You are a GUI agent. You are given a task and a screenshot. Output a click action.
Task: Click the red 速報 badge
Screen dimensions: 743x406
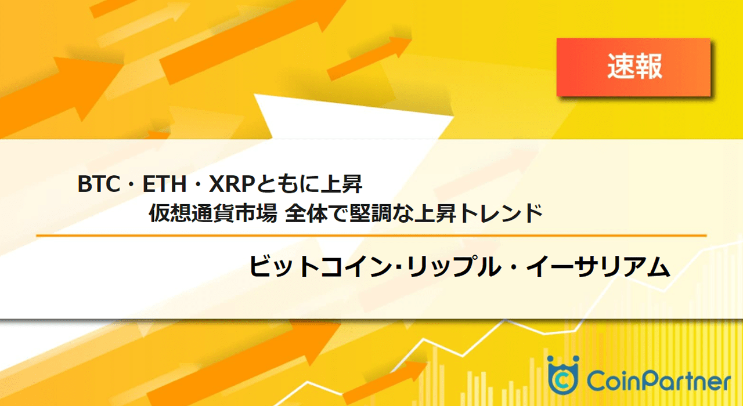(x=633, y=67)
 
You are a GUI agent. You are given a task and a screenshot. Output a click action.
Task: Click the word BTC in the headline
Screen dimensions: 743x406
(x=99, y=184)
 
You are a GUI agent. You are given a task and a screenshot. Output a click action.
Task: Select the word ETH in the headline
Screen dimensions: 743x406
(x=164, y=184)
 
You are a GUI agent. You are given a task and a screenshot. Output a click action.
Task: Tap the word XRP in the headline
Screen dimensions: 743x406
(x=232, y=184)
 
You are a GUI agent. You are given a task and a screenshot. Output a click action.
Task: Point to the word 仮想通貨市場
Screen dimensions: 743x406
(x=213, y=213)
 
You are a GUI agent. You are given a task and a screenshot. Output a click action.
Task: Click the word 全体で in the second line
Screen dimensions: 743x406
(x=316, y=213)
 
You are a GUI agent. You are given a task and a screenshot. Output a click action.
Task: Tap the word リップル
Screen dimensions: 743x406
(x=454, y=267)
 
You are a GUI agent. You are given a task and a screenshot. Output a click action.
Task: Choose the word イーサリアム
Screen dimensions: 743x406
(x=598, y=267)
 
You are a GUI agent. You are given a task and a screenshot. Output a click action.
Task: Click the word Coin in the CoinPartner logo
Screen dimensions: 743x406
(x=614, y=380)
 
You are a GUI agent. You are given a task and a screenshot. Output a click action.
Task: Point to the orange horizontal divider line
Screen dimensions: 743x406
(x=371, y=235)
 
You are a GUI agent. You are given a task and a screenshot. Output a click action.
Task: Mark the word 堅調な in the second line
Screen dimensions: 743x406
(x=381, y=213)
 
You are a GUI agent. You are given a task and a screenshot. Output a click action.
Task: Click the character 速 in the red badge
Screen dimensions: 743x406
(x=621, y=67)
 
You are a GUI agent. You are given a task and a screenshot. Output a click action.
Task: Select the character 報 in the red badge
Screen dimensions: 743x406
(x=649, y=67)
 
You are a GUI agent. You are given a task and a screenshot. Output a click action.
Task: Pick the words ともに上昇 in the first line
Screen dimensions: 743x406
(x=309, y=184)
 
